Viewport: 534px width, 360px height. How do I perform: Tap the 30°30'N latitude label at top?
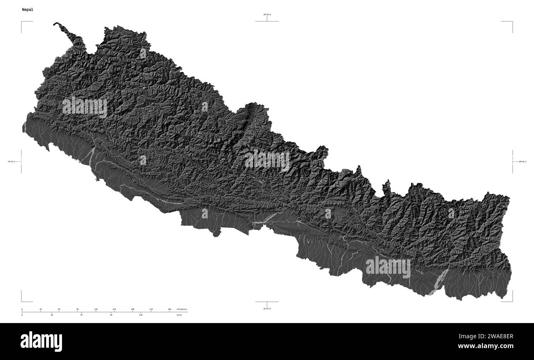[267, 14]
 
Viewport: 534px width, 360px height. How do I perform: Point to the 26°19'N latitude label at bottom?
[267, 309]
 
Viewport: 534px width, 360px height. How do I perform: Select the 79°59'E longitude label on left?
[11, 162]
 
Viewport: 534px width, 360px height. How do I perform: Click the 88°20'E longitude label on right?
[522, 162]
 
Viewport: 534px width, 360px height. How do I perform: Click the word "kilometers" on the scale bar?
[182, 309]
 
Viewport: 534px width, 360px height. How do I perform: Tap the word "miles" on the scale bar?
[179, 315]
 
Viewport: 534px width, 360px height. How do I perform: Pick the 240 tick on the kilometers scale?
[169, 309]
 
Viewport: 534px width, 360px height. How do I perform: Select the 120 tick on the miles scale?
[140, 315]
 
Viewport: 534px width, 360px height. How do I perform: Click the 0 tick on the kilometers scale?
[22, 309]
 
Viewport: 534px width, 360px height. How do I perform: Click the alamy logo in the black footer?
[41, 342]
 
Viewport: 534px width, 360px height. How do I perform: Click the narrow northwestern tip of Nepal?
[58, 25]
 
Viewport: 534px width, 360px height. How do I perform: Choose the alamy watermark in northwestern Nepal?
[85, 108]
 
